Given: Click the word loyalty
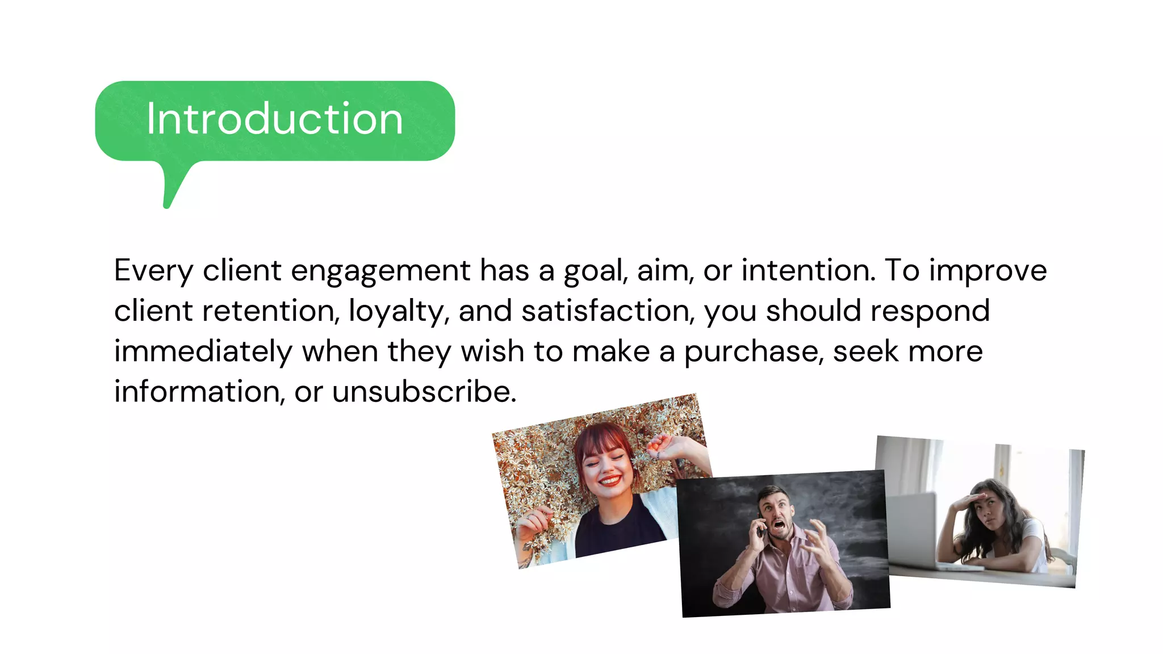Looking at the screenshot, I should [398, 311].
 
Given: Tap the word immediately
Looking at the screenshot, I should [203, 351].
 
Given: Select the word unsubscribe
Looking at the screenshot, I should [424, 392].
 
